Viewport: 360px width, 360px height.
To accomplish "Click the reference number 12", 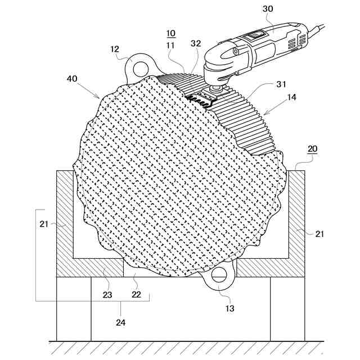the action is (x=115, y=49).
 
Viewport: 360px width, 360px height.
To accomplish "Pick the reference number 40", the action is (x=72, y=79).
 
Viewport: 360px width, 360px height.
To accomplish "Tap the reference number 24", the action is (x=120, y=322).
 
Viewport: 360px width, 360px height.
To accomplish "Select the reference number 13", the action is (x=229, y=308).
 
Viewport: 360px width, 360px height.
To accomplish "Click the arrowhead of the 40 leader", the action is (x=100, y=98).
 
